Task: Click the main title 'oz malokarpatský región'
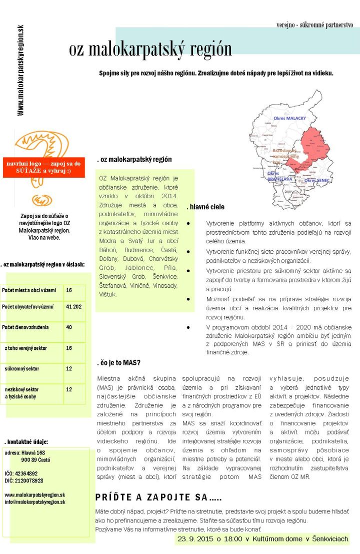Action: pyautogui.click(x=150, y=49)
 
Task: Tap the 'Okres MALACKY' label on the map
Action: pyautogui.click(x=289, y=118)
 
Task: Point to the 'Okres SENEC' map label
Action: pyautogui.click(x=317, y=180)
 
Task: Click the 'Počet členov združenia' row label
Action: pyautogui.click(x=25, y=327)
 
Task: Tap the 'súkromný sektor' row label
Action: pyautogui.click(x=22, y=369)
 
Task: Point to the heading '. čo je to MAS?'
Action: pyautogui.click(x=118, y=363)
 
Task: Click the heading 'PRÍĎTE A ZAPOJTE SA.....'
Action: pyautogui.click(x=158, y=497)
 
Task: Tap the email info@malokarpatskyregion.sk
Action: pyautogui.click(x=35, y=501)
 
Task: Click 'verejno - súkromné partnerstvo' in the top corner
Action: pyautogui.click(x=314, y=24)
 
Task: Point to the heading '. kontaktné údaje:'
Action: pyautogui.click(x=26, y=442)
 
